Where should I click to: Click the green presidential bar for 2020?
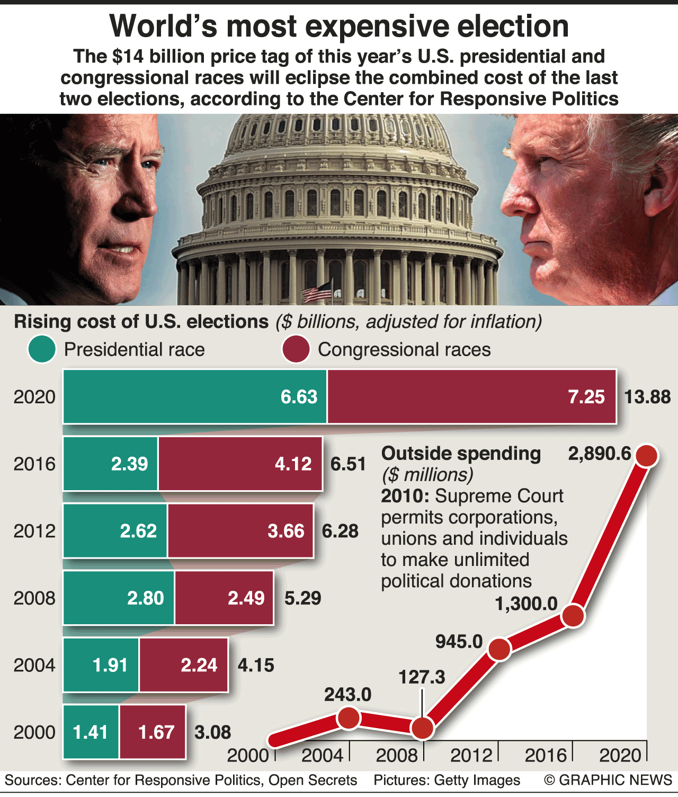click(195, 396)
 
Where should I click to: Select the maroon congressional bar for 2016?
click(240, 464)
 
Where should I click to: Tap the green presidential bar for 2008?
click(119, 598)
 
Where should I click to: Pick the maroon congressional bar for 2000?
click(153, 732)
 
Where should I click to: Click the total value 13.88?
click(647, 397)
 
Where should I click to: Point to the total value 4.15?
click(256, 665)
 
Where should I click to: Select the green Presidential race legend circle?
click(42, 350)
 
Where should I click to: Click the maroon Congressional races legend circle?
click(296, 350)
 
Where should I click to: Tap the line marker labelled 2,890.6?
click(646, 455)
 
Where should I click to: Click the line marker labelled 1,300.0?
click(573, 616)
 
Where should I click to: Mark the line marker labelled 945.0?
click(499, 649)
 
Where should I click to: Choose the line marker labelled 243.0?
click(349, 718)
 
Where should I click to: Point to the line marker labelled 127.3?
click(422, 728)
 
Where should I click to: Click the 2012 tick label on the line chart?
click(471, 755)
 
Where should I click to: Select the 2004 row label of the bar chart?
click(34, 665)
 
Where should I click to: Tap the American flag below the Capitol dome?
click(317, 291)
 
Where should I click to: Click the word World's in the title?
click(163, 26)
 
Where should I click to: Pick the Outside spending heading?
click(461, 454)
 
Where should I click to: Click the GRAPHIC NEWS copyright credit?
click(608, 780)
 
